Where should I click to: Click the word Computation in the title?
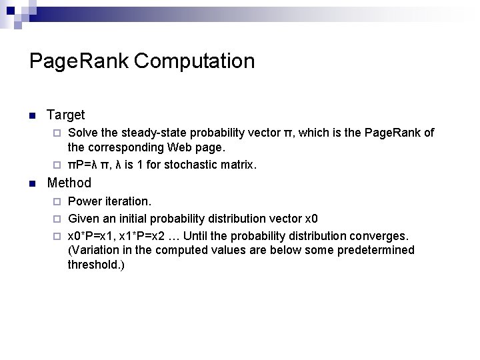point(194,61)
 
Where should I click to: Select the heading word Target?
point(65,115)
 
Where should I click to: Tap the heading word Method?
point(69,183)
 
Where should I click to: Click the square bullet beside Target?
point(32,116)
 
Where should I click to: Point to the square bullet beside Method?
point(32,183)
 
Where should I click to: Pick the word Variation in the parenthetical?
point(94,250)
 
